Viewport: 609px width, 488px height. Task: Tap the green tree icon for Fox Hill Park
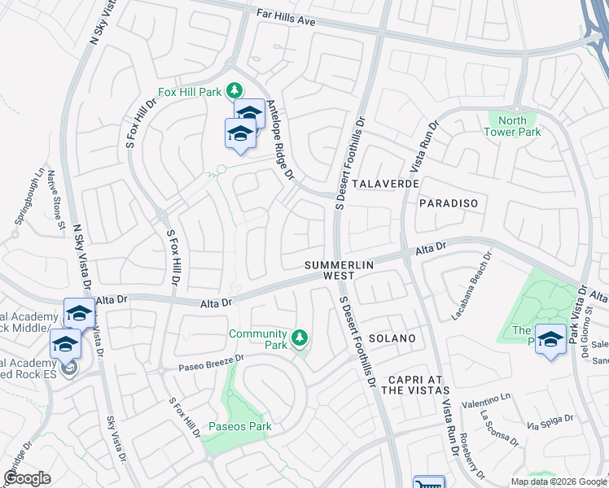coord(234,89)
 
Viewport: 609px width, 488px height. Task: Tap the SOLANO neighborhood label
coord(392,338)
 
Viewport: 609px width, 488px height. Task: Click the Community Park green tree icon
coord(300,337)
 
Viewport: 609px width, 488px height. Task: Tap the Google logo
coord(28,478)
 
